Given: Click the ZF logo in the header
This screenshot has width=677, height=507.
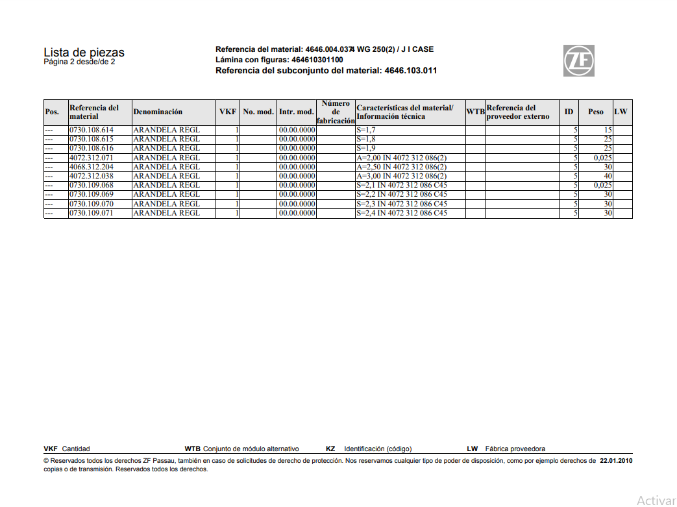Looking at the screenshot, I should [x=578, y=61].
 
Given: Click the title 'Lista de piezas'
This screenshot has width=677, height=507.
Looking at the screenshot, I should [x=84, y=53].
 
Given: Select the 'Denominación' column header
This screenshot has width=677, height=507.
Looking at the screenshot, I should [x=158, y=112].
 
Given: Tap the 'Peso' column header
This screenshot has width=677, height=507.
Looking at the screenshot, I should [x=595, y=112].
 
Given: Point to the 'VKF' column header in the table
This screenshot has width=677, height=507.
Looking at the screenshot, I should [x=228, y=112].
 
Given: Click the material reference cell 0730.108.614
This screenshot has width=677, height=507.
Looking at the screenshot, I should [x=92, y=130].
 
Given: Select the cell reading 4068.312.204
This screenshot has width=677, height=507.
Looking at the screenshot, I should [x=92, y=167].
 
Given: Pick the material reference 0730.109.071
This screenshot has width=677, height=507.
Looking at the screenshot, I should [x=92, y=213].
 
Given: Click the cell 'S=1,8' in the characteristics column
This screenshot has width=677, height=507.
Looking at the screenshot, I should [x=366, y=139].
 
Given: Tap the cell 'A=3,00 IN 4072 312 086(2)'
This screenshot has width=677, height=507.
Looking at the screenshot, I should [x=401, y=176].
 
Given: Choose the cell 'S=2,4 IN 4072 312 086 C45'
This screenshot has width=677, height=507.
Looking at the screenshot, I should [x=401, y=213].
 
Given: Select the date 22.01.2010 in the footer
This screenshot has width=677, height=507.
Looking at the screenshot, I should [x=616, y=461].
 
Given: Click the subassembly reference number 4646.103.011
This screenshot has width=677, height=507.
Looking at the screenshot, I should [x=410, y=70].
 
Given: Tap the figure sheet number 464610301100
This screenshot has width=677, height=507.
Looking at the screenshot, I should [x=317, y=60].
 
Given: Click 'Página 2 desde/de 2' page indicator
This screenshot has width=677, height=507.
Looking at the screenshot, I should [x=79, y=62].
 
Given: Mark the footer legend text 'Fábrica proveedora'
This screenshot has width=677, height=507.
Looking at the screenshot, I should [x=515, y=449].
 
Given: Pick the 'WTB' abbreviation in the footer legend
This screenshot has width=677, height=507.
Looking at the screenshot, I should [x=193, y=449].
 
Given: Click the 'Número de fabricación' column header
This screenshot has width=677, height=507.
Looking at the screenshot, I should [x=336, y=112].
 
